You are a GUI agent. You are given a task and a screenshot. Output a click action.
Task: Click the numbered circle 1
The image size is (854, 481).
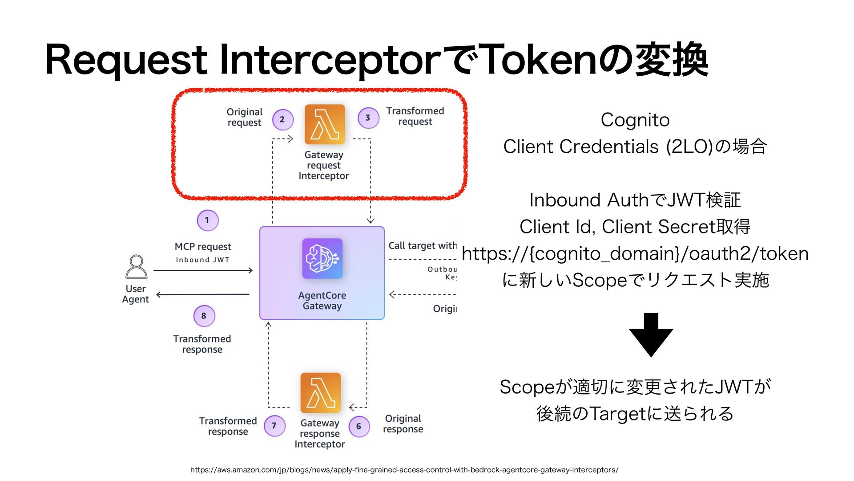207,220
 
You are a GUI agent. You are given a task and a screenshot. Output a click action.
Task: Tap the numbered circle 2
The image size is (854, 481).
282,119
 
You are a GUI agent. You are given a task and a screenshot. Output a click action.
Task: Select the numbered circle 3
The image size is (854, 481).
368,118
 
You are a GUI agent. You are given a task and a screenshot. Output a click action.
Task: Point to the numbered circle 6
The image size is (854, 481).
359,426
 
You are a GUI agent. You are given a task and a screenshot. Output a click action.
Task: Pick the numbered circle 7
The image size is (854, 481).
274,426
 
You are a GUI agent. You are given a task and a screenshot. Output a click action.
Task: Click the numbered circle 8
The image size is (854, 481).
204,316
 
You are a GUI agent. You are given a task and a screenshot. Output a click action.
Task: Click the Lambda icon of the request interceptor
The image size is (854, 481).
325,124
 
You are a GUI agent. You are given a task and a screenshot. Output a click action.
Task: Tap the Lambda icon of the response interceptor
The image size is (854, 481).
320,393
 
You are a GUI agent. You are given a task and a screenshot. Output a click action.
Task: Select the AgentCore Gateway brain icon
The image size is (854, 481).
322,259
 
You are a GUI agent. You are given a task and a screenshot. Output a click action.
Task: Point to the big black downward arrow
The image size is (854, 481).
651,334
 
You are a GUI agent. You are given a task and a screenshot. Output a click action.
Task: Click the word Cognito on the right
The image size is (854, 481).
635,120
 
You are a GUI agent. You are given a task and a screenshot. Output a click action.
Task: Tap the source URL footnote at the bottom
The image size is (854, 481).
404,469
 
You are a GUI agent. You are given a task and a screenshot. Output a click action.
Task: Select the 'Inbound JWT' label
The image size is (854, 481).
202,260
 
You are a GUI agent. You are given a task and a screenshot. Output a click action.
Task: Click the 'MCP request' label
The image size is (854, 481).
203,247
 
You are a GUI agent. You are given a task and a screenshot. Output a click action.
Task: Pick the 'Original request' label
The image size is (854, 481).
244,117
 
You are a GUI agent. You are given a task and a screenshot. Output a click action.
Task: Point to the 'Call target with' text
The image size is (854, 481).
422,245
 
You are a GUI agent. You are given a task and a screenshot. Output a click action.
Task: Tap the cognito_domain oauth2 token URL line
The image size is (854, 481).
635,253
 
